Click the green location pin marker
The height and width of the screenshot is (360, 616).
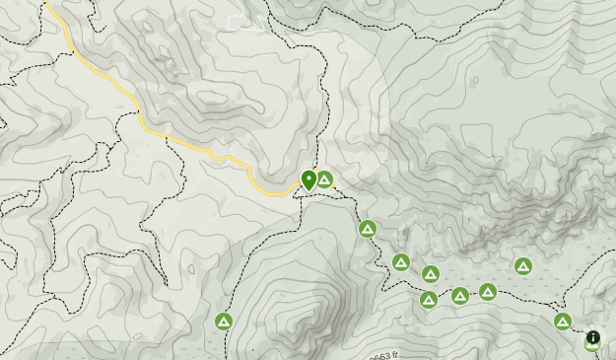coord(308,180)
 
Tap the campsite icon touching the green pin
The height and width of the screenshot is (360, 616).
coord(324,180)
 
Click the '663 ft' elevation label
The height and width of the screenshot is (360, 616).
coord(382,355)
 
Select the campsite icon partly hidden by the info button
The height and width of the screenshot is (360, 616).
coord(591,344)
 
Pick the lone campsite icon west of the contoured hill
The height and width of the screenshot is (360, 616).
coord(224,322)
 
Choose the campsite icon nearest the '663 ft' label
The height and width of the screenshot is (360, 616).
coord(429,300)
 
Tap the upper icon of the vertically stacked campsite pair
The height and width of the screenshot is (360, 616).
coord(430,274)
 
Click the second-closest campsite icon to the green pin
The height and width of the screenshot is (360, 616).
coord(368,230)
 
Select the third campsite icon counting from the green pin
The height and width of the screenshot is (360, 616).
coord(401,262)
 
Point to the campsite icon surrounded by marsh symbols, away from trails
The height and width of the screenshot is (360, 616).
coord(523,266)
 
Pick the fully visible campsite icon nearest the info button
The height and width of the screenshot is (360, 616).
coord(563,322)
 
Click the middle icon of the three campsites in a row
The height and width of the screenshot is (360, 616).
coord(460,296)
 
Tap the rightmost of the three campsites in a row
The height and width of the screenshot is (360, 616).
coord(488,292)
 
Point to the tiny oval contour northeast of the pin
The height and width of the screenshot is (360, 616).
coord(474,80)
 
